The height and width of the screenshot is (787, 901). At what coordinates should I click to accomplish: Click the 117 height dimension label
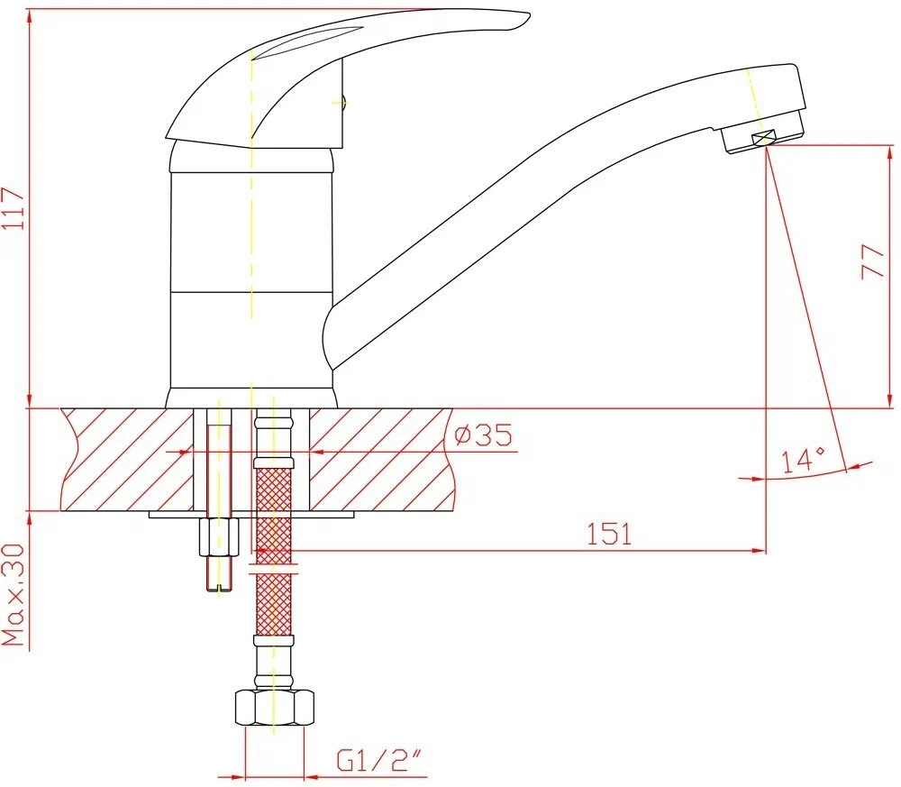coord(14,208)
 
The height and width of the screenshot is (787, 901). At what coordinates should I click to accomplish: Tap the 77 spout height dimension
coord(873,261)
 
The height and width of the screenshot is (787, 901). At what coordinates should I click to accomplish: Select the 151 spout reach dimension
coord(609,534)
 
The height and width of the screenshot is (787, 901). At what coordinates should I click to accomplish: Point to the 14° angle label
coord(803,460)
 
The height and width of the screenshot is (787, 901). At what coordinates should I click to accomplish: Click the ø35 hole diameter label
coord(483,435)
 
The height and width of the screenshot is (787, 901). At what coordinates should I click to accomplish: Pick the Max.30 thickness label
coord(14,595)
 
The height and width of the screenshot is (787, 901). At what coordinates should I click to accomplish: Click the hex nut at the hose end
coord(275,707)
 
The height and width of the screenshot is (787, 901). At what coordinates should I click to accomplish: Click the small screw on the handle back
coord(343,103)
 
